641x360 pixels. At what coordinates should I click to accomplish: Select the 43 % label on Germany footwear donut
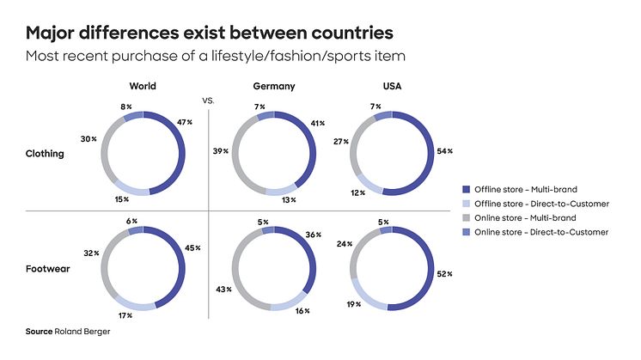(221, 289)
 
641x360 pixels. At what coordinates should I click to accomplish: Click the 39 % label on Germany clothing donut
(221, 150)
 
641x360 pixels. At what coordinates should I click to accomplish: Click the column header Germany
(274, 87)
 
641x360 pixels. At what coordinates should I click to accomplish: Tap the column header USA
(391, 87)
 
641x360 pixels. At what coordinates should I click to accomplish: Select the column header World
(142, 87)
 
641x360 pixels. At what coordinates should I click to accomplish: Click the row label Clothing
(45, 154)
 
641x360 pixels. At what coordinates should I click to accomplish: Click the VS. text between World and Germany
(207, 101)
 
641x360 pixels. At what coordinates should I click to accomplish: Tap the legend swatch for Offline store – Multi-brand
(467, 187)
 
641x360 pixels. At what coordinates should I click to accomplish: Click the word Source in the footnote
(40, 331)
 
